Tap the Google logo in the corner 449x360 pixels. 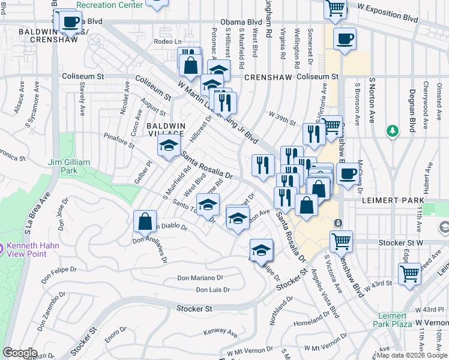tap(20, 352)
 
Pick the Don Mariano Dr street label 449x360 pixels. tap(200, 278)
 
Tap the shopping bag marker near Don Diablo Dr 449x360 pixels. tap(145, 221)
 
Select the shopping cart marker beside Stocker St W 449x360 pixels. tap(341, 241)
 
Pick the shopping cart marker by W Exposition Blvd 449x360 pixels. tap(336, 8)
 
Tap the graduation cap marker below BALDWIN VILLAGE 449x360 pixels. tap(169, 145)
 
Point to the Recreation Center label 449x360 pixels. tap(110, 5)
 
